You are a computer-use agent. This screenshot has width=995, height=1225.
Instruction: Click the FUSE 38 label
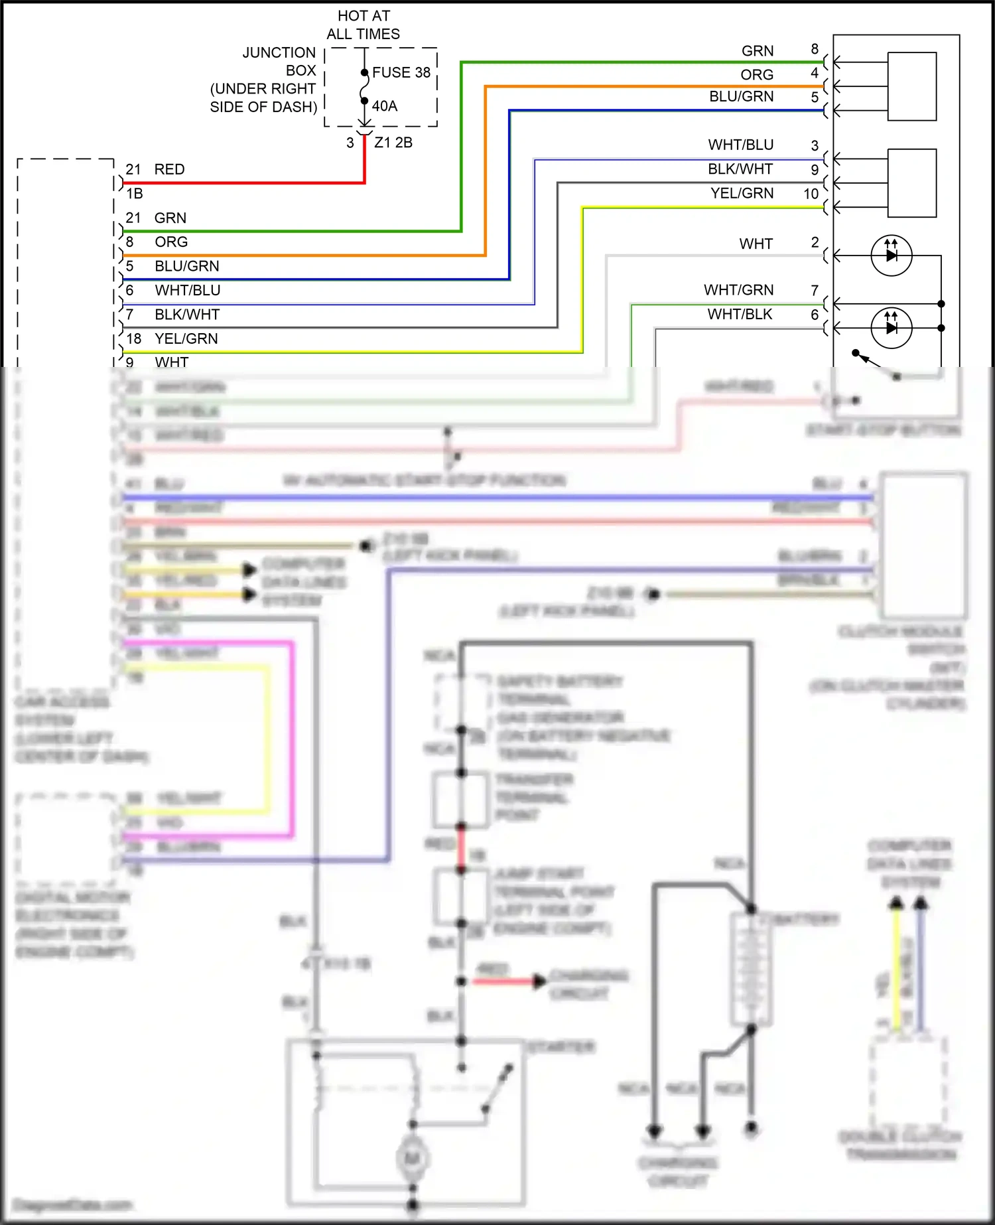[401, 72]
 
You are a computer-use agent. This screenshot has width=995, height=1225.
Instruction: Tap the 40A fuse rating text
[384, 106]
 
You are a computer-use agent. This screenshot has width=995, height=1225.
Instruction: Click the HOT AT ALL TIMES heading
[364, 25]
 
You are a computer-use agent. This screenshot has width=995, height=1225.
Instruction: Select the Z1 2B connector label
[393, 143]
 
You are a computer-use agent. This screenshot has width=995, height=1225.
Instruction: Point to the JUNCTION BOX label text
[279, 61]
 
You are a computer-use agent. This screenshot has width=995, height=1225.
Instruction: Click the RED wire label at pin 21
[169, 169]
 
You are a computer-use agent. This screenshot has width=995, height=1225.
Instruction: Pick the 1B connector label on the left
[135, 194]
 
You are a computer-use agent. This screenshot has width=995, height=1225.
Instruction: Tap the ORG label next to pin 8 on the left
[171, 242]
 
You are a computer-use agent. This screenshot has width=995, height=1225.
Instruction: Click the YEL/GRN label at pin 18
[186, 339]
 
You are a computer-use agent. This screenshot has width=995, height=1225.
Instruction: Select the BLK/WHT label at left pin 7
[186, 315]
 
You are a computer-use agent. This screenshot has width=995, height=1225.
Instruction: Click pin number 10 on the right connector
[811, 194]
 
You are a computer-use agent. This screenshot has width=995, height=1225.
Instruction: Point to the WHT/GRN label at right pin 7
[738, 290]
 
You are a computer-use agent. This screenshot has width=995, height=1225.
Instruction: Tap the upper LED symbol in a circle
[891, 255]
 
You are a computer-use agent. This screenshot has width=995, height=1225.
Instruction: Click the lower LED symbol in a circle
[891, 328]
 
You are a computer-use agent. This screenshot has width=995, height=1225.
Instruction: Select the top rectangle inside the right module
[912, 86]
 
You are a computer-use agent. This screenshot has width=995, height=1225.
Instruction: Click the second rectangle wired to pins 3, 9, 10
[912, 183]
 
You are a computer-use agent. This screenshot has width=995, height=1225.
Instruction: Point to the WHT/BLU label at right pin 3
[740, 145]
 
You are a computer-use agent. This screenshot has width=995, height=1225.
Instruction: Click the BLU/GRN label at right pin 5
[741, 97]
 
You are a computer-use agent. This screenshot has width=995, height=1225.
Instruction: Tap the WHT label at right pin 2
[756, 244]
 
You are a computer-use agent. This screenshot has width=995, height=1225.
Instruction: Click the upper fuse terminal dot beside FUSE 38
[364, 72]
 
